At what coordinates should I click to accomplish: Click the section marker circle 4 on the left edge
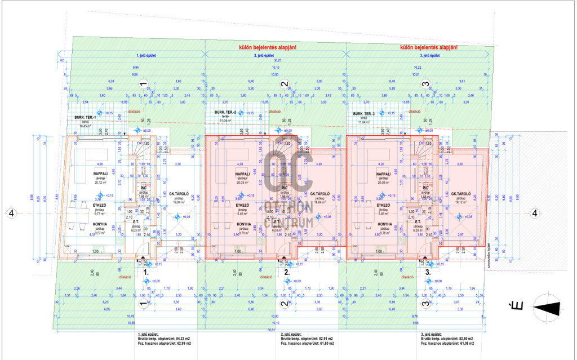pos(9,213)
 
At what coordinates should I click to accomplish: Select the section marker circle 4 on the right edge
pos(535,213)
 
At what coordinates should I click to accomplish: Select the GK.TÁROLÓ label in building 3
pos(460,194)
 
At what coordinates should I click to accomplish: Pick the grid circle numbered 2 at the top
pos(285,85)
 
